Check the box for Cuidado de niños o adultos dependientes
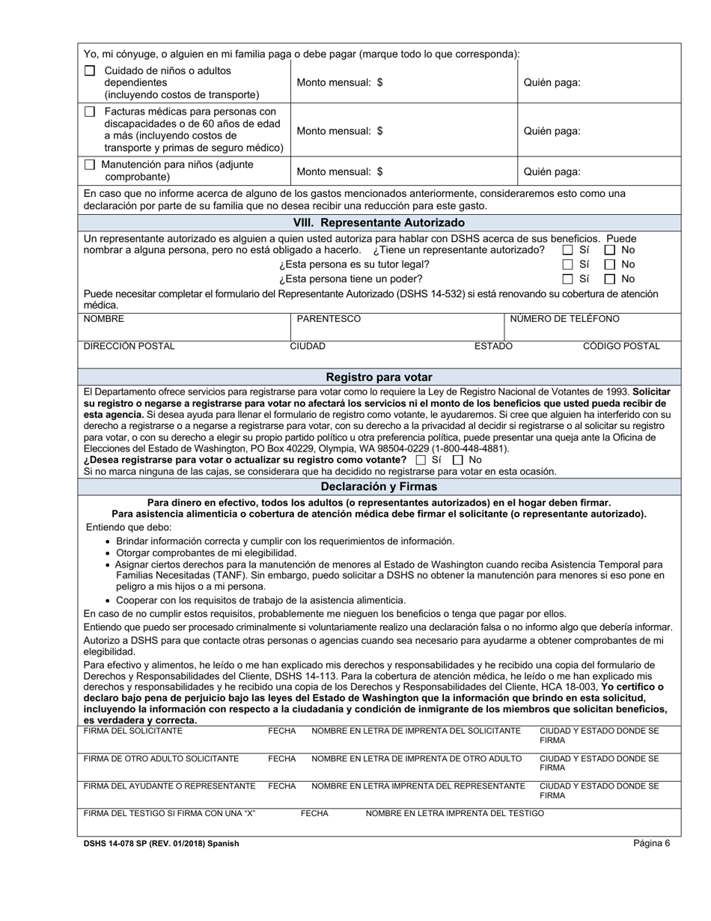point(90,71)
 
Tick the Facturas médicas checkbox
point(90,112)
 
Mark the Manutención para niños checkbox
point(90,165)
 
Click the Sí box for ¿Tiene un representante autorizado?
point(568,250)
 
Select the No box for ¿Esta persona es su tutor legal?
point(611,264)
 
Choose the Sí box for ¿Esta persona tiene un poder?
point(568,279)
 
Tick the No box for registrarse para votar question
point(459,460)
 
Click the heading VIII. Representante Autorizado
point(379,223)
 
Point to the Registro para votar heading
point(379,377)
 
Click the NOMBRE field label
point(104,319)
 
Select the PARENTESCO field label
point(329,319)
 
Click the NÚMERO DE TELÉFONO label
point(564,319)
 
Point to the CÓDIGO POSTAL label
point(621,346)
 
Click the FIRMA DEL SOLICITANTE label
point(132,731)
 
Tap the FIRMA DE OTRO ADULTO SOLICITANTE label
point(161,759)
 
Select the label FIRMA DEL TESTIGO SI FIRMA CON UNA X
point(170,813)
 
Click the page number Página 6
point(651,843)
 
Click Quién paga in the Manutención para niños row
point(552,171)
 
